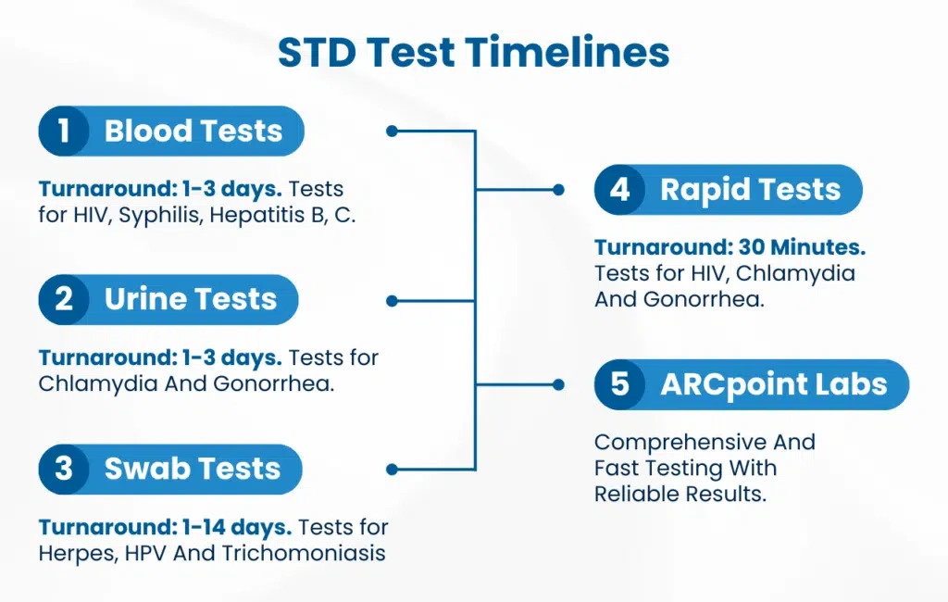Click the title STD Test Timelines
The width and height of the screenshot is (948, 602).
click(x=473, y=52)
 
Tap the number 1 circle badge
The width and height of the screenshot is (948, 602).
click(x=64, y=131)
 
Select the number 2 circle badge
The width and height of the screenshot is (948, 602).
click(x=64, y=299)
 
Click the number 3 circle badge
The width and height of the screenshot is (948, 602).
click(x=64, y=469)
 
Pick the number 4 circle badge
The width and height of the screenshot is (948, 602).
click(x=619, y=189)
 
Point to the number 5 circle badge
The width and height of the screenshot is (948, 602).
click(x=619, y=384)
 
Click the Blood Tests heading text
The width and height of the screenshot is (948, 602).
click(x=193, y=131)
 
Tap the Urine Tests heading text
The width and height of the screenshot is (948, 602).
click(x=191, y=299)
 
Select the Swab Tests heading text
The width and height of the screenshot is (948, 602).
click(x=193, y=469)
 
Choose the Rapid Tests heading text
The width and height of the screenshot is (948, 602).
click(x=750, y=190)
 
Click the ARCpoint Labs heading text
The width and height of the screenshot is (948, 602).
click(x=774, y=384)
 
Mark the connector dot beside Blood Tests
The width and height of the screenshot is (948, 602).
click(x=392, y=131)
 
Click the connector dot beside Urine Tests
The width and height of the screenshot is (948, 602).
click(x=392, y=301)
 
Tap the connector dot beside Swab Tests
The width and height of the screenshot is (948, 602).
click(x=392, y=469)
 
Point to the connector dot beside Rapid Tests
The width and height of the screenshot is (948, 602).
click(x=558, y=190)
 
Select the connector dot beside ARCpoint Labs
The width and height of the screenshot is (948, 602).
click(x=558, y=384)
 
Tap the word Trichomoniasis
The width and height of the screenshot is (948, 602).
click(x=304, y=553)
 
